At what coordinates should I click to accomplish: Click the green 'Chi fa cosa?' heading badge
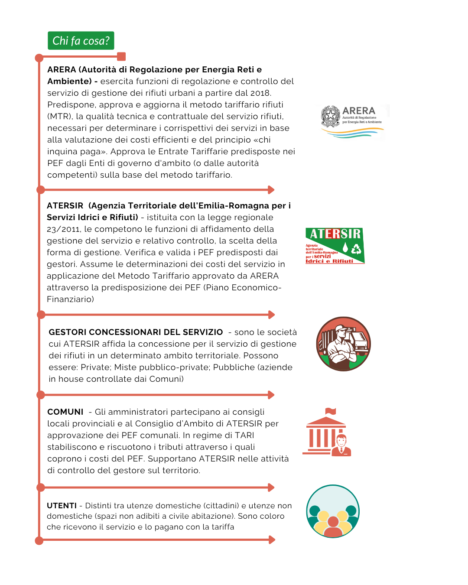coord(81,41)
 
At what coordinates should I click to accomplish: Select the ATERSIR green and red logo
coord(335,246)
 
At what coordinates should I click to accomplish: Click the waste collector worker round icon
coord(343,344)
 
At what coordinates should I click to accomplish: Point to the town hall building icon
coord(327,433)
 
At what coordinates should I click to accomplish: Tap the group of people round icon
coord(333,511)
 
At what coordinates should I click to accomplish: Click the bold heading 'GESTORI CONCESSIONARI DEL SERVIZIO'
coord(136,332)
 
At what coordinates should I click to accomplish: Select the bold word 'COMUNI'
coord(65,412)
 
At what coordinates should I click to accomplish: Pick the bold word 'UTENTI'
coord(62,506)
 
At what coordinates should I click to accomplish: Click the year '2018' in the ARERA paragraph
coord(260,93)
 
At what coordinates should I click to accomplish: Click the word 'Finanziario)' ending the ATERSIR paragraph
coord(70,299)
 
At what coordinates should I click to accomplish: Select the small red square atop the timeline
coord(121,56)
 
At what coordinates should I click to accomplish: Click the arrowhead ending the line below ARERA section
coord(271,190)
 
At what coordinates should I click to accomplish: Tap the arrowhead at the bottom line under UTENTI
coord(272,540)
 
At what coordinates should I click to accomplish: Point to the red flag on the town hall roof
coord(331,411)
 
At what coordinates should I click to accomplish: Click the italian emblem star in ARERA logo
coord(331,115)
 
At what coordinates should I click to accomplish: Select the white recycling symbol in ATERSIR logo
coord(356,249)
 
